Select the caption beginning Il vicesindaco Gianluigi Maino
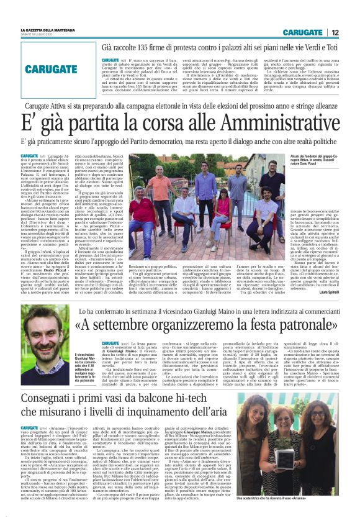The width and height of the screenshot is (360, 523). coord(86,355)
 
